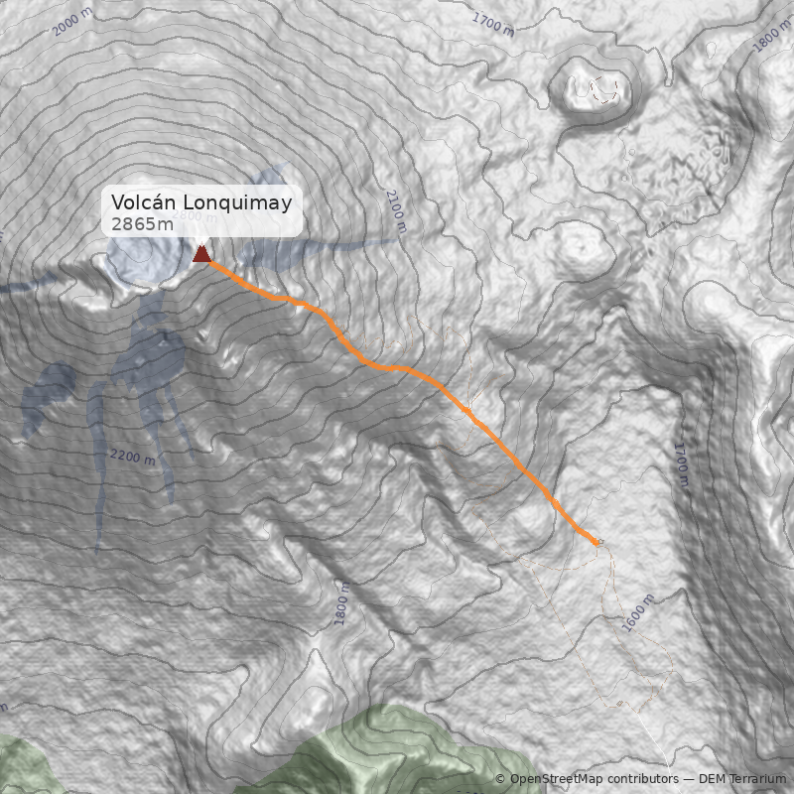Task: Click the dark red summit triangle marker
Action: (x=201, y=253)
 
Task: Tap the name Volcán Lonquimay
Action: (x=201, y=203)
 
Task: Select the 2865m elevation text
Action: (x=142, y=224)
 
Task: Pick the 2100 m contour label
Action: (x=397, y=210)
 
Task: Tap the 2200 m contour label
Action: (x=132, y=457)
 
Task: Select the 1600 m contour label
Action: (x=638, y=612)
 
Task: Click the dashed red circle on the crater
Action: (x=604, y=91)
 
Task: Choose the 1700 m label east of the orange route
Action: (x=681, y=463)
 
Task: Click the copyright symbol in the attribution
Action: (x=500, y=779)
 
